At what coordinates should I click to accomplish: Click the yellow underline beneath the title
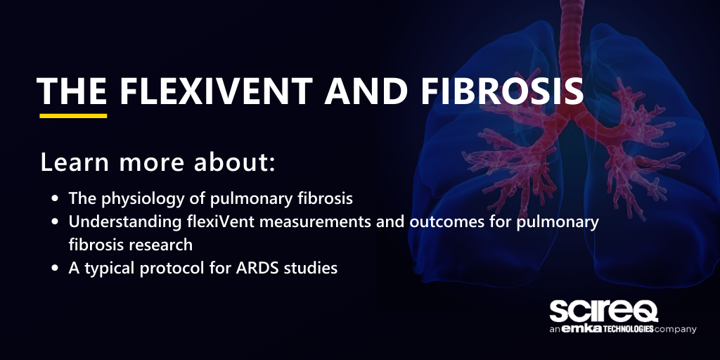[x=73, y=115]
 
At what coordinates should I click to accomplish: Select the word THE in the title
[x=72, y=92]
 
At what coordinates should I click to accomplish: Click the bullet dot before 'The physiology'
[x=56, y=199]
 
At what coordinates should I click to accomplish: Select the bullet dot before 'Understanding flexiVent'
[x=56, y=222]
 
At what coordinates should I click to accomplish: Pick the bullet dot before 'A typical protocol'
[x=56, y=269]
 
